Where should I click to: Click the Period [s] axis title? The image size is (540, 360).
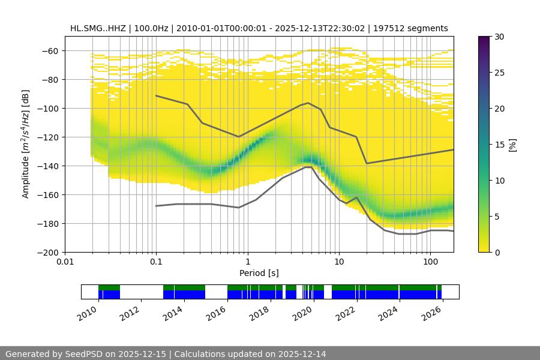click(x=259, y=274)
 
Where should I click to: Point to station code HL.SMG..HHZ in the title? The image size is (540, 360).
click(x=97, y=28)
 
